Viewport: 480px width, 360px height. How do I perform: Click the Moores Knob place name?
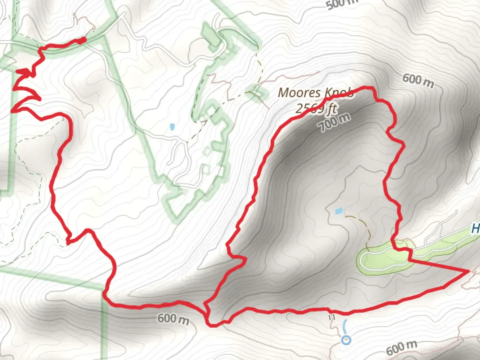pos(315,93)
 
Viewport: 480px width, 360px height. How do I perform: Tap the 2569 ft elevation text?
pos(316,108)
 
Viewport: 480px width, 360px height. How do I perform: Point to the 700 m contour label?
pos(334,122)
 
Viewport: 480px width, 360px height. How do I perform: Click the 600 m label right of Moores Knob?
pos(418,80)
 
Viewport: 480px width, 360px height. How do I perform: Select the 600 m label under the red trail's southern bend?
pos(173,319)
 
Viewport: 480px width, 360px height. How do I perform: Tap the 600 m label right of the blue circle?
pos(401,348)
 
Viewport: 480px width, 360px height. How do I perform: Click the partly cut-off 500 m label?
pos(341,4)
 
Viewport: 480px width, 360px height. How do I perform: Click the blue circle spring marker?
pos(346,340)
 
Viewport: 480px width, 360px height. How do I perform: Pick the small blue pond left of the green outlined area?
pos(172,127)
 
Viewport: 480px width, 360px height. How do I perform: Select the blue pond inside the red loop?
pos(339,211)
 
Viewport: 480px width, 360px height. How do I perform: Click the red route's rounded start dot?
pos(83,40)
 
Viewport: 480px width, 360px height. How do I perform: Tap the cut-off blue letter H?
pos(476,229)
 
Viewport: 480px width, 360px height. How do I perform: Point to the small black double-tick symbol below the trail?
pos(332,318)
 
